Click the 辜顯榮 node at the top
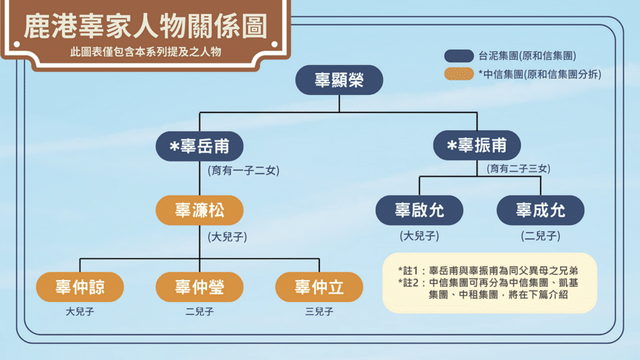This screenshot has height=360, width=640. [x=339, y=80]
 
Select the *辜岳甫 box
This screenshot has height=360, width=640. [x=199, y=147]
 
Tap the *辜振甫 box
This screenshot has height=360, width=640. [x=477, y=147]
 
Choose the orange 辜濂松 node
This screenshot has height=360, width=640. [x=199, y=211]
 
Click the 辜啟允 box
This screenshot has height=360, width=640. [x=419, y=211]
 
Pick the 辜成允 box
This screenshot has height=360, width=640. [x=540, y=211]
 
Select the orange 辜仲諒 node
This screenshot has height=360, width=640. [x=79, y=287]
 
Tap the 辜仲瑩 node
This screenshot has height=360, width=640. [x=199, y=287]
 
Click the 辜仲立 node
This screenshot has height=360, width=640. [x=319, y=287]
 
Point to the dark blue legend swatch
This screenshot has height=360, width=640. [x=459, y=56]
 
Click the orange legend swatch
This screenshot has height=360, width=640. [x=459, y=74]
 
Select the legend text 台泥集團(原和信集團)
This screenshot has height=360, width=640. [x=527, y=56]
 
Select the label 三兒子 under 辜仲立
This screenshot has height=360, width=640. [x=319, y=311]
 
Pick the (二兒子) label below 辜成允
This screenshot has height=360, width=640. [x=540, y=236]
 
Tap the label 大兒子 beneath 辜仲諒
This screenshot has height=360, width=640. [x=79, y=311]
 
